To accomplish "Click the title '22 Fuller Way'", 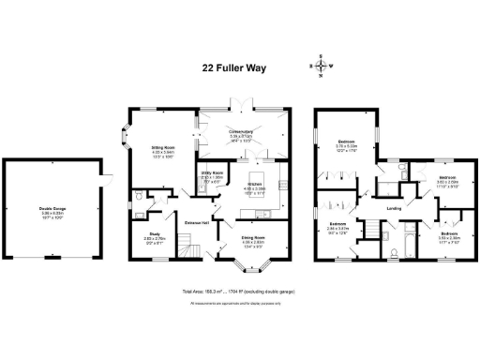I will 240,67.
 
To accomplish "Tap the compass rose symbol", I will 322,66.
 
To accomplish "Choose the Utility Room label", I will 212,173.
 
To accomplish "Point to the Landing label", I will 395,208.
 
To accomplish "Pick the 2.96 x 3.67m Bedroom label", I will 337,224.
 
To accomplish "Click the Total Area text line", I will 240,292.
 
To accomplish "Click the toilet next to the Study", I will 138,199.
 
